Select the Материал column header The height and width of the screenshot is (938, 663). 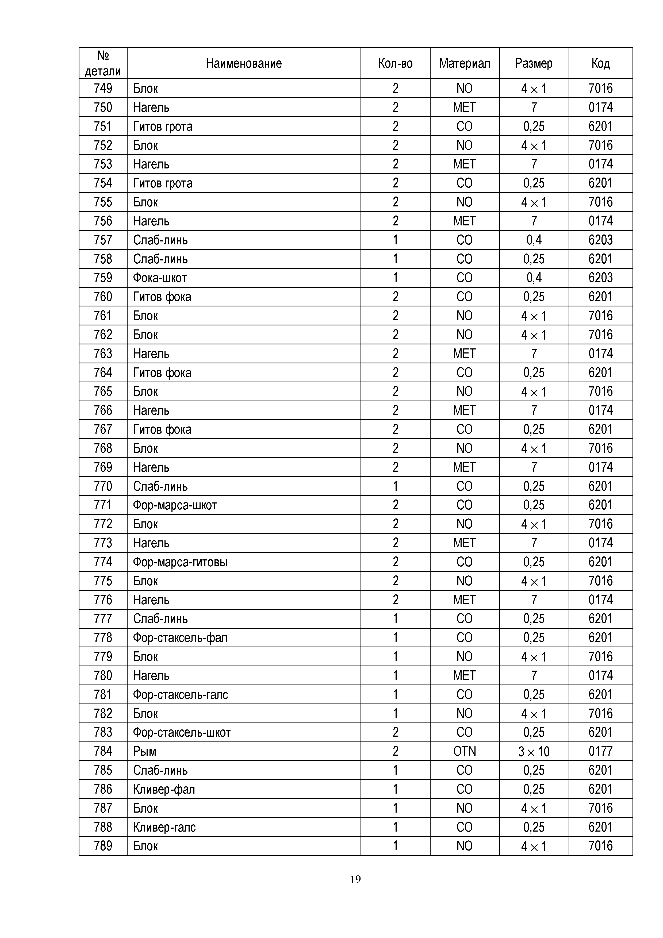click(x=465, y=63)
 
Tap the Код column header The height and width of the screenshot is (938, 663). click(x=600, y=63)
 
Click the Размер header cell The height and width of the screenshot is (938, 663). click(x=534, y=63)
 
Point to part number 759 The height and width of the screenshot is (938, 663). click(x=103, y=278)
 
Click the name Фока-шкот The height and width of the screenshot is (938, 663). click(x=160, y=278)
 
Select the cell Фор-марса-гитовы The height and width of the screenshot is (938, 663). click(x=180, y=562)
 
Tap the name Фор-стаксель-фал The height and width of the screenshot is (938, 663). click(x=180, y=638)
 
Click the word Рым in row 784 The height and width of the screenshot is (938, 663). click(x=145, y=751)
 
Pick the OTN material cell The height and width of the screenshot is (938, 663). click(x=465, y=751)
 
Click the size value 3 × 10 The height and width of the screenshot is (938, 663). click(x=534, y=751)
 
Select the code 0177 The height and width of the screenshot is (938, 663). click(x=600, y=751)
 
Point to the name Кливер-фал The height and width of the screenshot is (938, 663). click(x=164, y=789)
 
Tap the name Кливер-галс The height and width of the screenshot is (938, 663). click(x=164, y=827)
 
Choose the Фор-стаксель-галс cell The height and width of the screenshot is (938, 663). click(x=181, y=694)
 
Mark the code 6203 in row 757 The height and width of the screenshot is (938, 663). click(x=600, y=240)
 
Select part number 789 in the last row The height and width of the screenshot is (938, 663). click(x=103, y=846)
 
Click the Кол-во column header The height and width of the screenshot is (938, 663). click(x=395, y=63)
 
